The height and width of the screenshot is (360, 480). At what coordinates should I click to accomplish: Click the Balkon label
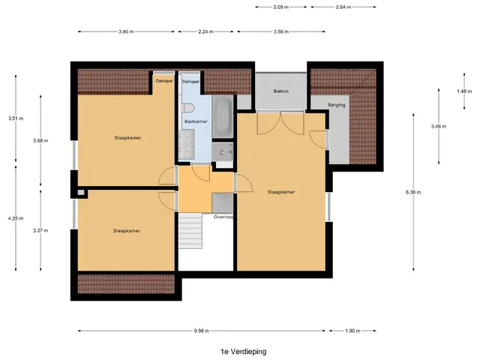[281, 91]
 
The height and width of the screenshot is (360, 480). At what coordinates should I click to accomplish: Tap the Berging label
[337, 105]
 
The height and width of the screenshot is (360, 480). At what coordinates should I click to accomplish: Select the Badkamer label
[196, 121]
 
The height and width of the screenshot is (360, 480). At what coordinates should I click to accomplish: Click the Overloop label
[223, 217]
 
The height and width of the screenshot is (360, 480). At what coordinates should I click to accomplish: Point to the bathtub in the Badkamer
[223, 117]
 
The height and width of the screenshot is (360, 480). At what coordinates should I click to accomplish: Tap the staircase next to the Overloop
[190, 231]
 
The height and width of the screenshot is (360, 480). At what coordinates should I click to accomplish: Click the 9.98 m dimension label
[202, 331]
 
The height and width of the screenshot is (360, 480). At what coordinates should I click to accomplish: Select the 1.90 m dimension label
[352, 331]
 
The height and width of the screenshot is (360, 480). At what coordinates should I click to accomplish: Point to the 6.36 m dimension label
[413, 192]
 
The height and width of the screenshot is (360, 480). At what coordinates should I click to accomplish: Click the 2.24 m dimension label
[205, 31]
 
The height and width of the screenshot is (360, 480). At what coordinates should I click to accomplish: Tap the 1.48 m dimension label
[464, 91]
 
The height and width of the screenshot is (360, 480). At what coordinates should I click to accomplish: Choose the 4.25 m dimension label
[16, 218]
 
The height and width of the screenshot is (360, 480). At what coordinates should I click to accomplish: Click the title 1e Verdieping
[244, 352]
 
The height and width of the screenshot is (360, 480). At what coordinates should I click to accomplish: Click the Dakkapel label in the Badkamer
[190, 82]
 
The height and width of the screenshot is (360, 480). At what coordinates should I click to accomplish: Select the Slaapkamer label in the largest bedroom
[281, 192]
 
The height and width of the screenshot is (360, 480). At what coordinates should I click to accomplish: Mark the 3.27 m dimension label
[40, 230]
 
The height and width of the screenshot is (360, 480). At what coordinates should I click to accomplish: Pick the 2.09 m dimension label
[281, 7]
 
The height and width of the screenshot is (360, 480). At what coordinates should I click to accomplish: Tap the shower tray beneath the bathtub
[223, 152]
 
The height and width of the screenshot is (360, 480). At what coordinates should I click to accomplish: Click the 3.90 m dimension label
[126, 31]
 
